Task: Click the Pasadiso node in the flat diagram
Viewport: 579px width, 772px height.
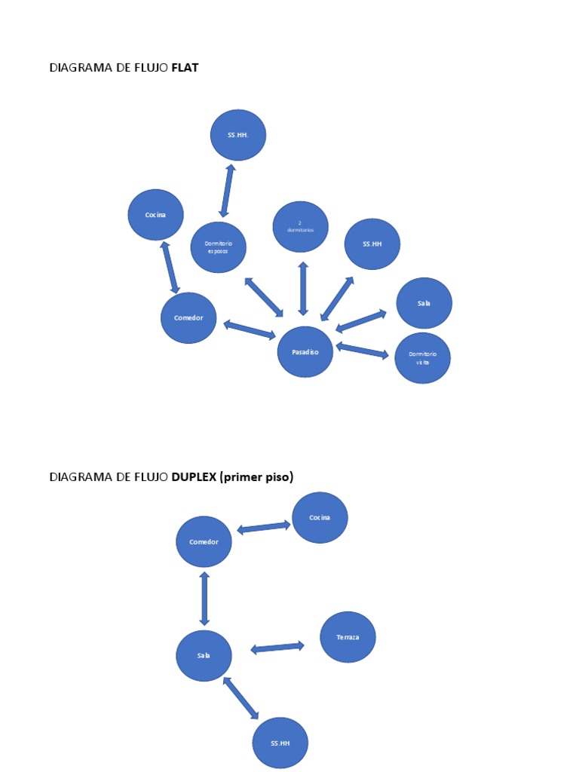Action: click(x=305, y=352)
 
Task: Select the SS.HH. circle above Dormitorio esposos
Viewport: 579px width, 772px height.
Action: click(x=237, y=135)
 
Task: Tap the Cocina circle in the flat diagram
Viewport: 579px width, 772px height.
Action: click(x=155, y=215)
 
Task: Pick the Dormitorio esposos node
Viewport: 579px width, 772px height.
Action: click(x=218, y=247)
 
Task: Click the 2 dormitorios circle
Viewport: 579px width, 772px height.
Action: click(x=300, y=227)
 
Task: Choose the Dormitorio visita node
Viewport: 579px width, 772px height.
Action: click(x=422, y=358)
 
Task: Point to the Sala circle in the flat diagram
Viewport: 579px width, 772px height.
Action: click(x=424, y=303)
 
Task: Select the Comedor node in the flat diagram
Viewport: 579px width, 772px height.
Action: click(x=188, y=318)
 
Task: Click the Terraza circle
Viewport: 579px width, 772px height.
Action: click(x=348, y=637)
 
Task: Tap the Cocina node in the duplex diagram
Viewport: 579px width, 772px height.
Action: click(x=320, y=518)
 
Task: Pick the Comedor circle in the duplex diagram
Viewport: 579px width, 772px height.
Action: click(x=204, y=542)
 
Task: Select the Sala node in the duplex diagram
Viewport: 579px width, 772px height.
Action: click(x=204, y=656)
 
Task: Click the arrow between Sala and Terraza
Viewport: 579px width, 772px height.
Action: click(x=277, y=647)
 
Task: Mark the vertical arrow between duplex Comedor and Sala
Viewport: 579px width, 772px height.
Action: click(x=204, y=599)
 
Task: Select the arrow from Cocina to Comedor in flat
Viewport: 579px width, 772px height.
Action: click(x=170, y=267)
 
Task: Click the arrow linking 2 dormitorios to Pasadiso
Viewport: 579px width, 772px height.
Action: click(x=303, y=289)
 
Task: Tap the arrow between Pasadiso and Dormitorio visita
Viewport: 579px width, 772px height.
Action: click(x=362, y=351)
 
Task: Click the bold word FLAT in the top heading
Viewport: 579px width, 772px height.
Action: click(x=185, y=68)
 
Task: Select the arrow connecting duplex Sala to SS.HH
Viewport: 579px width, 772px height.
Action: click(x=240, y=697)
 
